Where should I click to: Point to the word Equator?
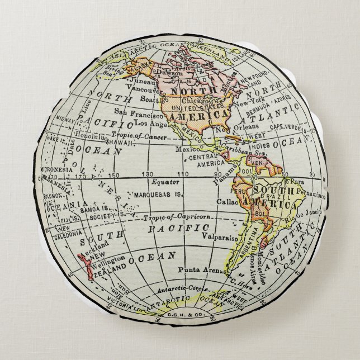[x=166, y=182]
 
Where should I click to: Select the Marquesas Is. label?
[x=165, y=196]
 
